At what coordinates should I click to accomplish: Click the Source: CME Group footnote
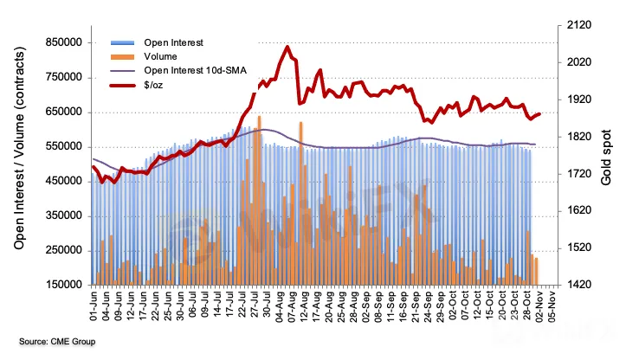click(x=57, y=342)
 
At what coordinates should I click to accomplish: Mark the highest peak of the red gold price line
click(x=287, y=48)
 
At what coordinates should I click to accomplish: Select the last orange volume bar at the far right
click(x=536, y=271)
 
